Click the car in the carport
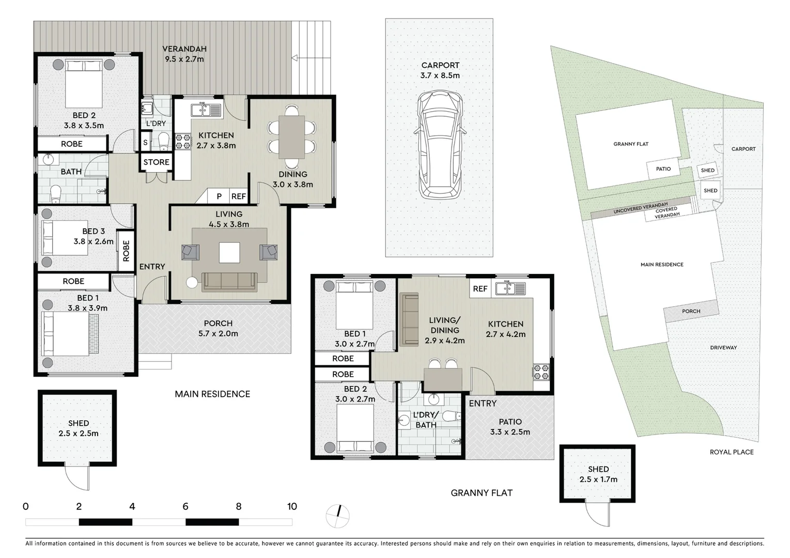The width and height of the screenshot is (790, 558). [x=440, y=145]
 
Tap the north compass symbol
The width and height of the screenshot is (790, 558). [x=338, y=516]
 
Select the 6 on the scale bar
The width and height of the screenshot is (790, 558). [x=185, y=506]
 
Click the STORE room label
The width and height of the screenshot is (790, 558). [x=156, y=162]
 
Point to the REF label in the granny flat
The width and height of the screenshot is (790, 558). [x=480, y=289]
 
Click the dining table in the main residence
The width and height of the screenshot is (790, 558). [x=292, y=137]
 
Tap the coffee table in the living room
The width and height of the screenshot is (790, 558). [x=229, y=253]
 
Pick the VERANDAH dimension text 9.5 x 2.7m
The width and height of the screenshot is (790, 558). [x=184, y=59]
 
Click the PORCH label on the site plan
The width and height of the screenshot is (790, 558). [x=691, y=311]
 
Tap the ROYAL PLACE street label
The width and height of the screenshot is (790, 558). [x=731, y=452]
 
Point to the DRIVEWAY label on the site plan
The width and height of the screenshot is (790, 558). [x=723, y=348]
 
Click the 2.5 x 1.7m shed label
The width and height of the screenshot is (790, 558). [x=598, y=479]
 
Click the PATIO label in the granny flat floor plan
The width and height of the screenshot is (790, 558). [x=510, y=422]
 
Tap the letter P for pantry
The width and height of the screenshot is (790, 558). [x=219, y=196]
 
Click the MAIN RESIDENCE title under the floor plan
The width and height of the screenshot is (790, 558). [x=212, y=394]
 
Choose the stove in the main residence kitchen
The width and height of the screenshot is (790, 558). [x=183, y=142]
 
